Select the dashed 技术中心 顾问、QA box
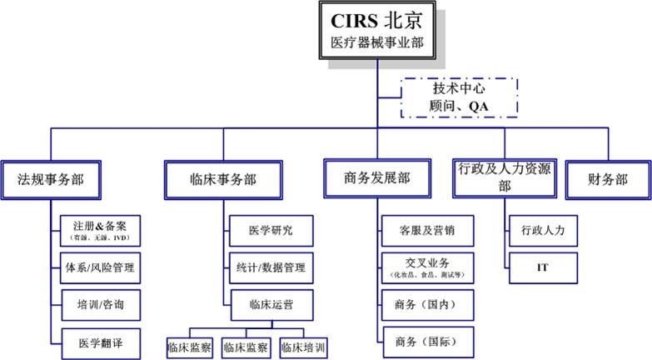point(459,97)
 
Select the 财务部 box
point(608,177)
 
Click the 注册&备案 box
point(99,229)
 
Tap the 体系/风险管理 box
point(99,268)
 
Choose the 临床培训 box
point(303,347)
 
